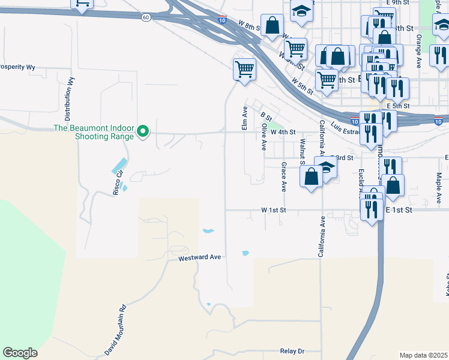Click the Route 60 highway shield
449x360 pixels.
pos(146,17)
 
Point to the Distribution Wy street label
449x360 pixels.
pos(69,99)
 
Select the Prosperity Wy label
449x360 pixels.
pos(17,67)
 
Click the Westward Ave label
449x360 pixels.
pos(200,257)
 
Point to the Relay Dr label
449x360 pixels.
pos(292,351)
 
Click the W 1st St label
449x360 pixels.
pos(274,211)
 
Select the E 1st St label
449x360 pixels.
pos(399,210)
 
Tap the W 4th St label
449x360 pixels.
pos(283,132)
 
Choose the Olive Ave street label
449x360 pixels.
pos(264,137)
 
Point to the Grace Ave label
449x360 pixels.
pos(283,176)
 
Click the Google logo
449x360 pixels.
pos(20,353)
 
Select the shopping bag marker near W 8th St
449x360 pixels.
pos(273,26)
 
